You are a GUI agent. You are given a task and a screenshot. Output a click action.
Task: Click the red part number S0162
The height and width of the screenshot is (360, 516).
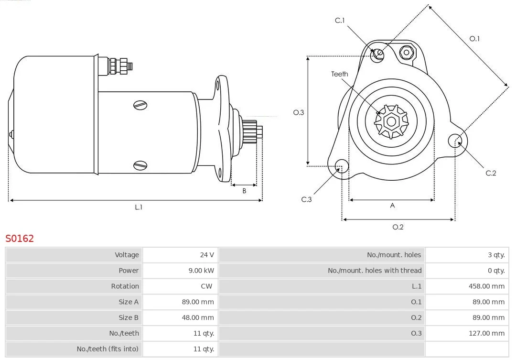[20, 238]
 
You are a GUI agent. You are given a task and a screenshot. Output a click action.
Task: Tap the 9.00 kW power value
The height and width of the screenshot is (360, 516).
[201, 271]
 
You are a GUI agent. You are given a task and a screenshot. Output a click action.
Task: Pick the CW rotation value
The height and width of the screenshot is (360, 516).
[207, 286]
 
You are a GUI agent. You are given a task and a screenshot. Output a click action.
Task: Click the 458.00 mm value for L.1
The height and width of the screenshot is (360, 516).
[486, 286]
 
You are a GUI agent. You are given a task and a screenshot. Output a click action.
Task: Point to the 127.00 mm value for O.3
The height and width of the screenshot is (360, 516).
[486, 333]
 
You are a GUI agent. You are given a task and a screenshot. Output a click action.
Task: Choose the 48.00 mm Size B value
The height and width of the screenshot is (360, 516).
[198, 317]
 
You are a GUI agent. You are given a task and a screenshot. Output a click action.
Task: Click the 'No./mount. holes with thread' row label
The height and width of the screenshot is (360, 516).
[375, 271]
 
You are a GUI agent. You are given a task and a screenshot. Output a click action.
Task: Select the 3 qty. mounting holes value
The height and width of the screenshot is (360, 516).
[496, 255]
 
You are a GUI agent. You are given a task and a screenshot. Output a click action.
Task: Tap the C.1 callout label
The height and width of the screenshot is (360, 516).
[340, 21]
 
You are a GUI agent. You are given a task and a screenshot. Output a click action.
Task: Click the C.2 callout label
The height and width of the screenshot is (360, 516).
[491, 173]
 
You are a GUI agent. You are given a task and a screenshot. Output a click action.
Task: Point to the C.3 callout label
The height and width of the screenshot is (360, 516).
[306, 199]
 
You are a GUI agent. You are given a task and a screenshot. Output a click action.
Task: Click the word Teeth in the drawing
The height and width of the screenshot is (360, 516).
[340, 74]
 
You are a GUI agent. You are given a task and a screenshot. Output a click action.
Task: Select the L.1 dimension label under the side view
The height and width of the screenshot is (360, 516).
[139, 207]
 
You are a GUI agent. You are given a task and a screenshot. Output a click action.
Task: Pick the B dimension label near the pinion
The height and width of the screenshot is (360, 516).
[244, 191]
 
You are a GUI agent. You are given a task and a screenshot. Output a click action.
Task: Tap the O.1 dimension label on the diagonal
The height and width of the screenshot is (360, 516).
[474, 39]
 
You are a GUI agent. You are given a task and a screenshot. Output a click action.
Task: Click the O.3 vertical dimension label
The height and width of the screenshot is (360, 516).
[299, 112]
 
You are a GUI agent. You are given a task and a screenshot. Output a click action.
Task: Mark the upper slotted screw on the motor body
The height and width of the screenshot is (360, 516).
[140, 105]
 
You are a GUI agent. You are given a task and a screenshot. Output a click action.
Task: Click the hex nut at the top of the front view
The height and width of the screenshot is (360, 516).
[407, 53]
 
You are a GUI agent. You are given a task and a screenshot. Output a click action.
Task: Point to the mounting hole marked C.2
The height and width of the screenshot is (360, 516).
[456, 141]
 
